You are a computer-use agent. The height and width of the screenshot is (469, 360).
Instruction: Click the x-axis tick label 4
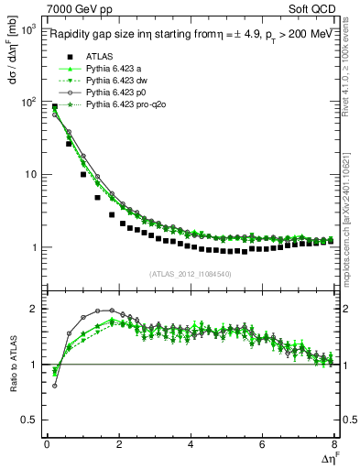(x=191, y=445)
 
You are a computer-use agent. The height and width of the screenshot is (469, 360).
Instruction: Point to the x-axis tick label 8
(x=333, y=445)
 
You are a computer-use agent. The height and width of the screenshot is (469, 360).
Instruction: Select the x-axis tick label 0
(x=47, y=445)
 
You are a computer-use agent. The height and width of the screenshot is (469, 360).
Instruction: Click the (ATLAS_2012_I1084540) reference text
(x=191, y=272)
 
